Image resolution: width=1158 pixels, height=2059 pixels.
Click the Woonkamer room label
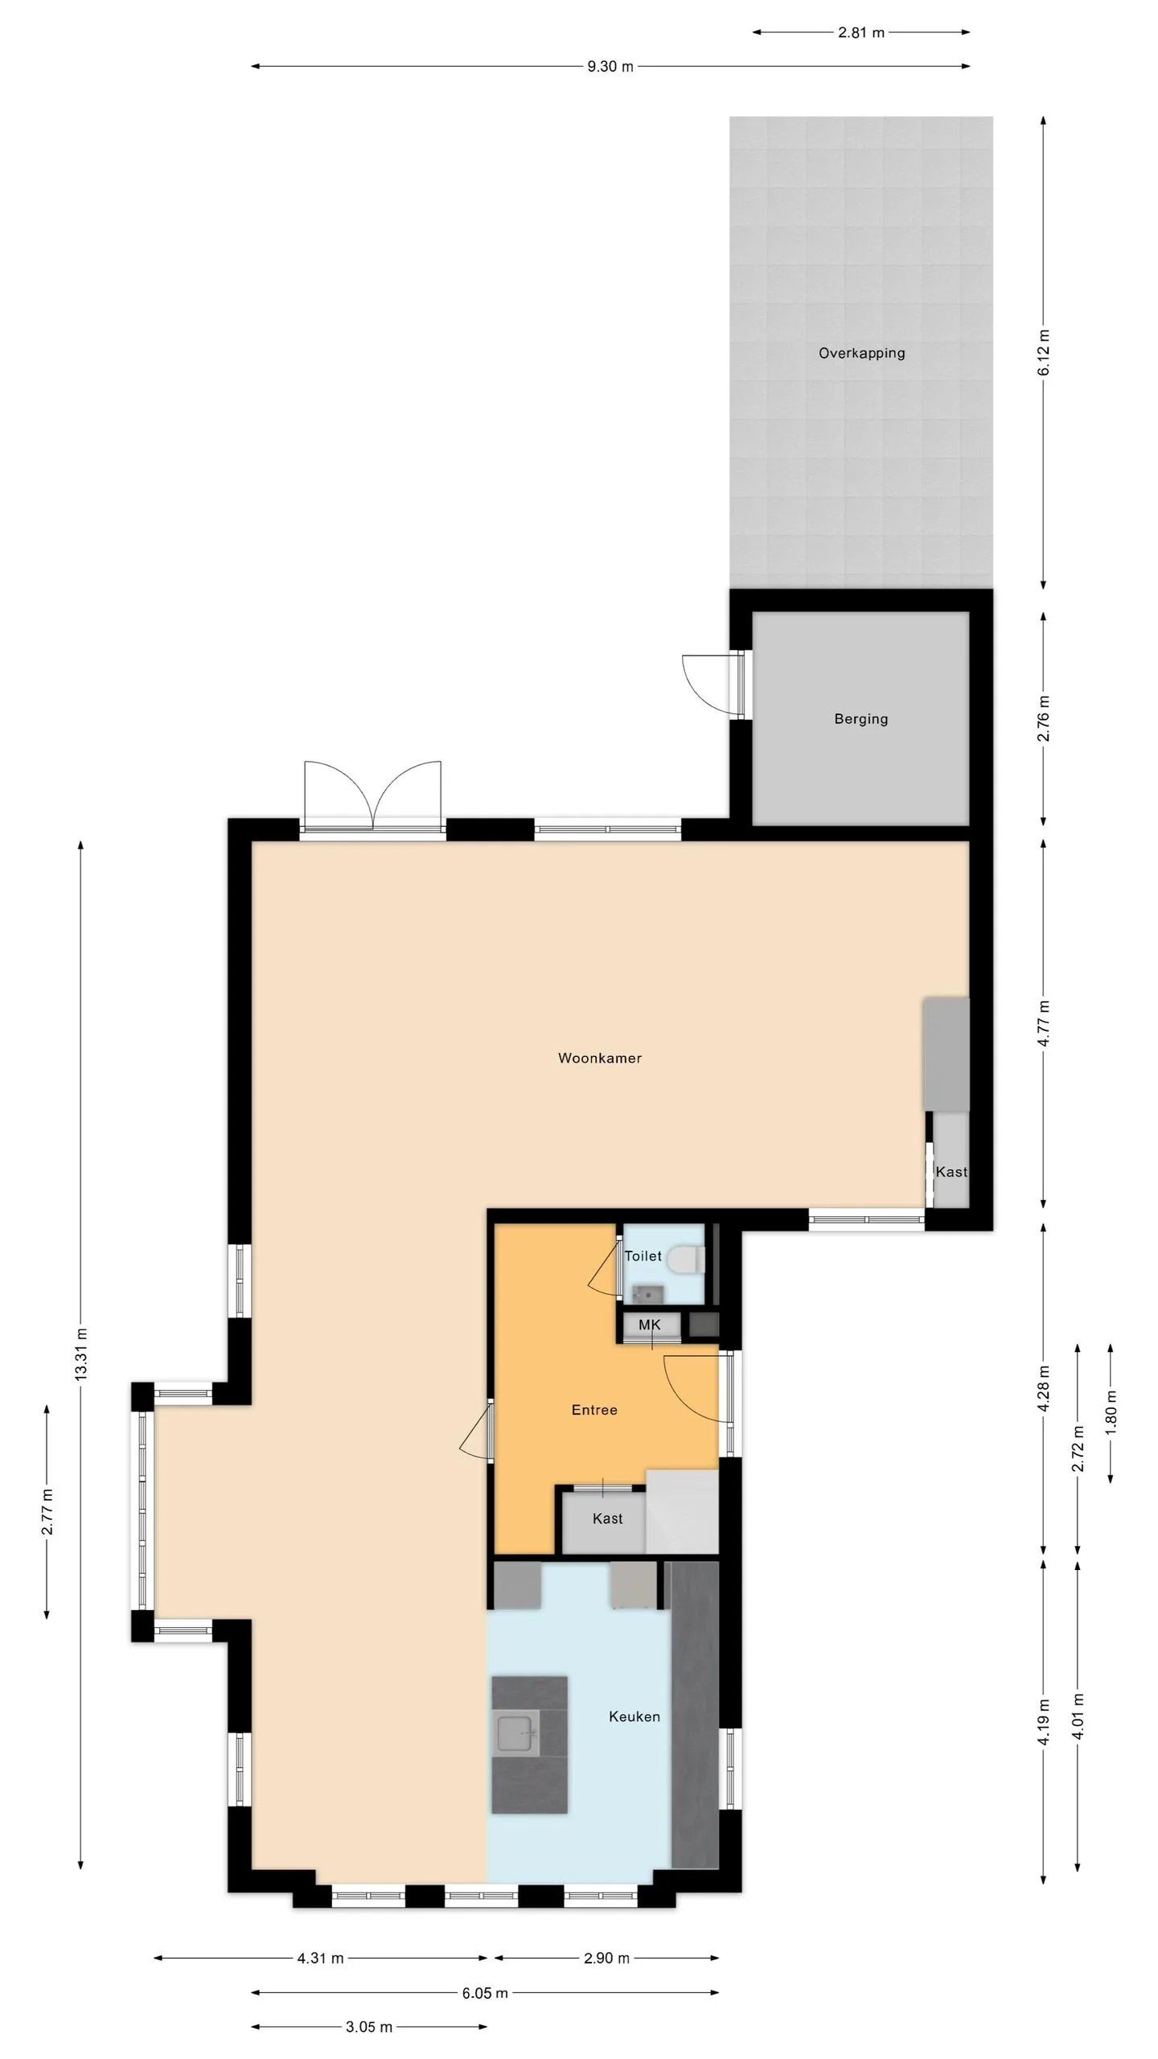pyautogui.click(x=600, y=1058)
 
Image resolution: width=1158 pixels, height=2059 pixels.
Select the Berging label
pyautogui.click(x=861, y=719)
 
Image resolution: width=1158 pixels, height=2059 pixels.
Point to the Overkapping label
pyautogui.click(x=862, y=353)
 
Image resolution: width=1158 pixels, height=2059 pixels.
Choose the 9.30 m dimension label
pyautogui.click(x=610, y=67)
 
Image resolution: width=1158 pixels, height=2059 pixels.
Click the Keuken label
pyautogui.click(x=634, y=1716)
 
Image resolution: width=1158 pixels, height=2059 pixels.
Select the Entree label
pyautogui.click(x=594, y=1410)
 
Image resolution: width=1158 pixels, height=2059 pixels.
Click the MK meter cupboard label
pyautogui.click(x=649, y=1325)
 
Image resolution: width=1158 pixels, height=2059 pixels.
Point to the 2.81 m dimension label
pyautogui.click(x=861, y=33)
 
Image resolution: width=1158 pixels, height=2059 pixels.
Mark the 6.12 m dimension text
pyautogui.click(x=1044, y=352)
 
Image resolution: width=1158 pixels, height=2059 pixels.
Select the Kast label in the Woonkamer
pyautogui.click(x=951, y=1172)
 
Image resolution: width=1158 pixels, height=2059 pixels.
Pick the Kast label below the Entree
pyautogui.click(x=608, y=1519)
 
